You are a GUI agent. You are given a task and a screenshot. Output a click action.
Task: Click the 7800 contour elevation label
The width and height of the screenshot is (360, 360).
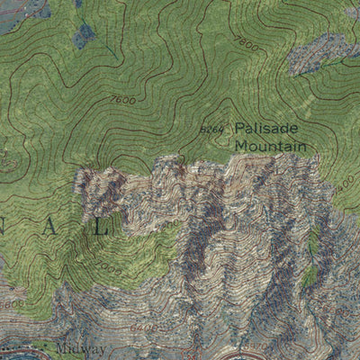(x=244, y=41)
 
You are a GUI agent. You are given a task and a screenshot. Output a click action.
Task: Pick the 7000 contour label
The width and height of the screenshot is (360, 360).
(x=110, y=268)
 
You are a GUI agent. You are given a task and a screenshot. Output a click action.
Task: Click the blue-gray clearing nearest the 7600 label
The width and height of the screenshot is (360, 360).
(x=84, y=36)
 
